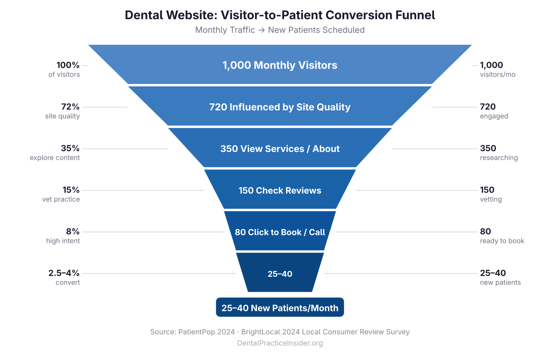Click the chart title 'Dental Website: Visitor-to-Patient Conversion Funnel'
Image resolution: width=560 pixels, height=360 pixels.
(x=280, y=15)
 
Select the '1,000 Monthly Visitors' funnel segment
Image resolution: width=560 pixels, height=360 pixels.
(x=280, y=65)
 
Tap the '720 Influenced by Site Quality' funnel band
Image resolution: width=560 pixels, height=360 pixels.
(x=280, y=107)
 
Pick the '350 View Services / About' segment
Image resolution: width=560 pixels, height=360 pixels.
(x=280, y=149)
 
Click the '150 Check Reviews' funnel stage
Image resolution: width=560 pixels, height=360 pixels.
(x=280, y=190)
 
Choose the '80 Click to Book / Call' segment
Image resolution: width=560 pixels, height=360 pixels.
(x=280, y=232)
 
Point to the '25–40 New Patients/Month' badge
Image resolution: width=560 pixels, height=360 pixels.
(x=280, y=308)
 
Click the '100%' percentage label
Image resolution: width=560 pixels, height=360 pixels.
(x=68, y=65)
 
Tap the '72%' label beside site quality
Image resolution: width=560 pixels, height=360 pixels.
(x=70, y=107)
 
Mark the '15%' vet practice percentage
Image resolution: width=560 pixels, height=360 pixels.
(x=71, y=190)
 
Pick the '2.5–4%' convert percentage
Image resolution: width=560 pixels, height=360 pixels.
(x=64, y=273)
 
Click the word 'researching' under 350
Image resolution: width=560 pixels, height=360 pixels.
(x=499, y=158)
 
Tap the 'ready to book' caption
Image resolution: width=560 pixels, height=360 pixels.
(x=502, y=241)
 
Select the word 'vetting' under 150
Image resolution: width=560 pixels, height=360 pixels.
(x=491, y=200)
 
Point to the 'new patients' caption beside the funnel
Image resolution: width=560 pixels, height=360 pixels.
(x=500, y=283)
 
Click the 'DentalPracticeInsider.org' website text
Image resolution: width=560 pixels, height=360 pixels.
(x=280, y=343)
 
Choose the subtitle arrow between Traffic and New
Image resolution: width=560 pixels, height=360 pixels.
(x=261, y=30)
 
